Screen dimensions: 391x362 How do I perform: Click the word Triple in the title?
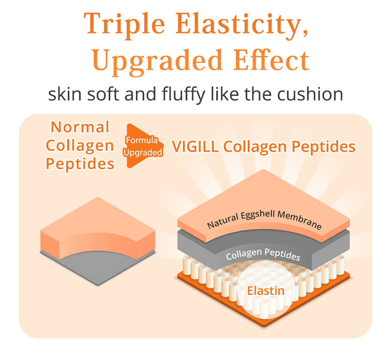pyautogui.click(x=125, y=25)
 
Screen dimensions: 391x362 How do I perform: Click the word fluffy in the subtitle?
pyautogui.click(x=183, y=95)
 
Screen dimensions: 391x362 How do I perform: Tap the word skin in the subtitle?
pyautogui.click(x=65, y=94)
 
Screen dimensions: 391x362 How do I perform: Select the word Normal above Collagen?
pyautogui.click(x=80, y=127)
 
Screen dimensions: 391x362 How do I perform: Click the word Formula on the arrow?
pyautogui.click(x=142, y=140)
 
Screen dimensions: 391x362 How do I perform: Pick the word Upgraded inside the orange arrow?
pyautogui.click(x=142, y=153)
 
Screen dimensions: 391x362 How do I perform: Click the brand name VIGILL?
pyautogui.click(x=195, y=147)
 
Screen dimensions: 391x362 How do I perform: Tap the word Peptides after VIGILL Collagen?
pyautogui.click(x=323, y=147)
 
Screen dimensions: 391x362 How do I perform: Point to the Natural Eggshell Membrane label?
pyautogui.click(x=264, y=219)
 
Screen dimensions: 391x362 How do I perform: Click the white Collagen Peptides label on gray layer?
pyautogui.click(x=263, y=255)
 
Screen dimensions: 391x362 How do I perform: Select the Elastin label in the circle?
pyautogui.click(x=266, y=291)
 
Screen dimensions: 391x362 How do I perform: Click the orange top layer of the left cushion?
pyautogui.click(x=98, y=223)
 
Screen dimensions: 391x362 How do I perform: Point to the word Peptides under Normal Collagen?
pyautogui.click(x=80, y=164)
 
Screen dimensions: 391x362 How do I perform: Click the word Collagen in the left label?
pyautogui.click(x=80, y=146)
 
